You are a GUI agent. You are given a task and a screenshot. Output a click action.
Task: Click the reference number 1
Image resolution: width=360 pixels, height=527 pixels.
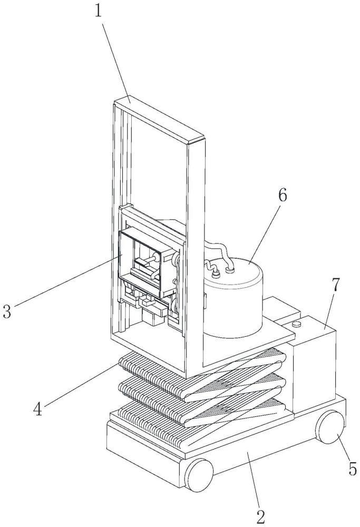pyautogui.click(x=98, y=11)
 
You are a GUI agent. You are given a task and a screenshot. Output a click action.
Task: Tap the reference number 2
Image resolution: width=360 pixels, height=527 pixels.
pyautogui.click(x=261, y=517)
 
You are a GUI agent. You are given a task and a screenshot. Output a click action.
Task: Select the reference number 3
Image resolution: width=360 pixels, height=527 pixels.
pyautogui.click(x=7, y=311)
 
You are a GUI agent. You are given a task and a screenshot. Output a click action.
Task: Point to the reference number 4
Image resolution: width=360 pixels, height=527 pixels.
pyautogui.click(x=38, y=409)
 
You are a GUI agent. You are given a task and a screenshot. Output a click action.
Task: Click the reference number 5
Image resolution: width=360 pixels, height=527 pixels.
pyautogui.click(x=353, y=469)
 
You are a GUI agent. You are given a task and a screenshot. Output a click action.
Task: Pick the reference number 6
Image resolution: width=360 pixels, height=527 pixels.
pyautogui.click(x=283, y=195)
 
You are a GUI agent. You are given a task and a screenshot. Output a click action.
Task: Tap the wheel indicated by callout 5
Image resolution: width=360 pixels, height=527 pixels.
pyautogui.click(x=330, y=427)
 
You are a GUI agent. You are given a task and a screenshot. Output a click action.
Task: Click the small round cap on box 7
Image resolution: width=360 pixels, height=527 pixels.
pyautogui.click(x=296, y=324)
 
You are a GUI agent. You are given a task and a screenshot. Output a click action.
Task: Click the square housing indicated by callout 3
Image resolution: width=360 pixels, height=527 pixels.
pyautogui.click(x=148, y=262)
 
